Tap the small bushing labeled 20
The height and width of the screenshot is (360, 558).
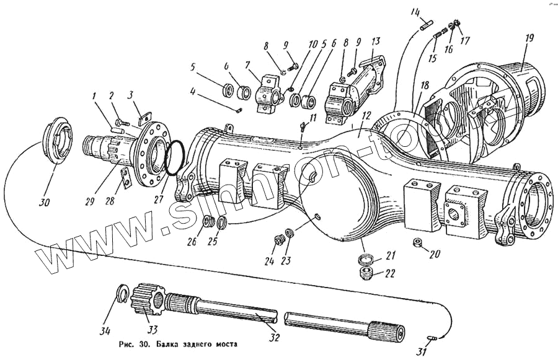point(418,241)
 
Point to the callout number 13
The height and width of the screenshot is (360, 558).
point(375,42)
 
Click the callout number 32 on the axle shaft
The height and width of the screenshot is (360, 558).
point(274,338)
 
